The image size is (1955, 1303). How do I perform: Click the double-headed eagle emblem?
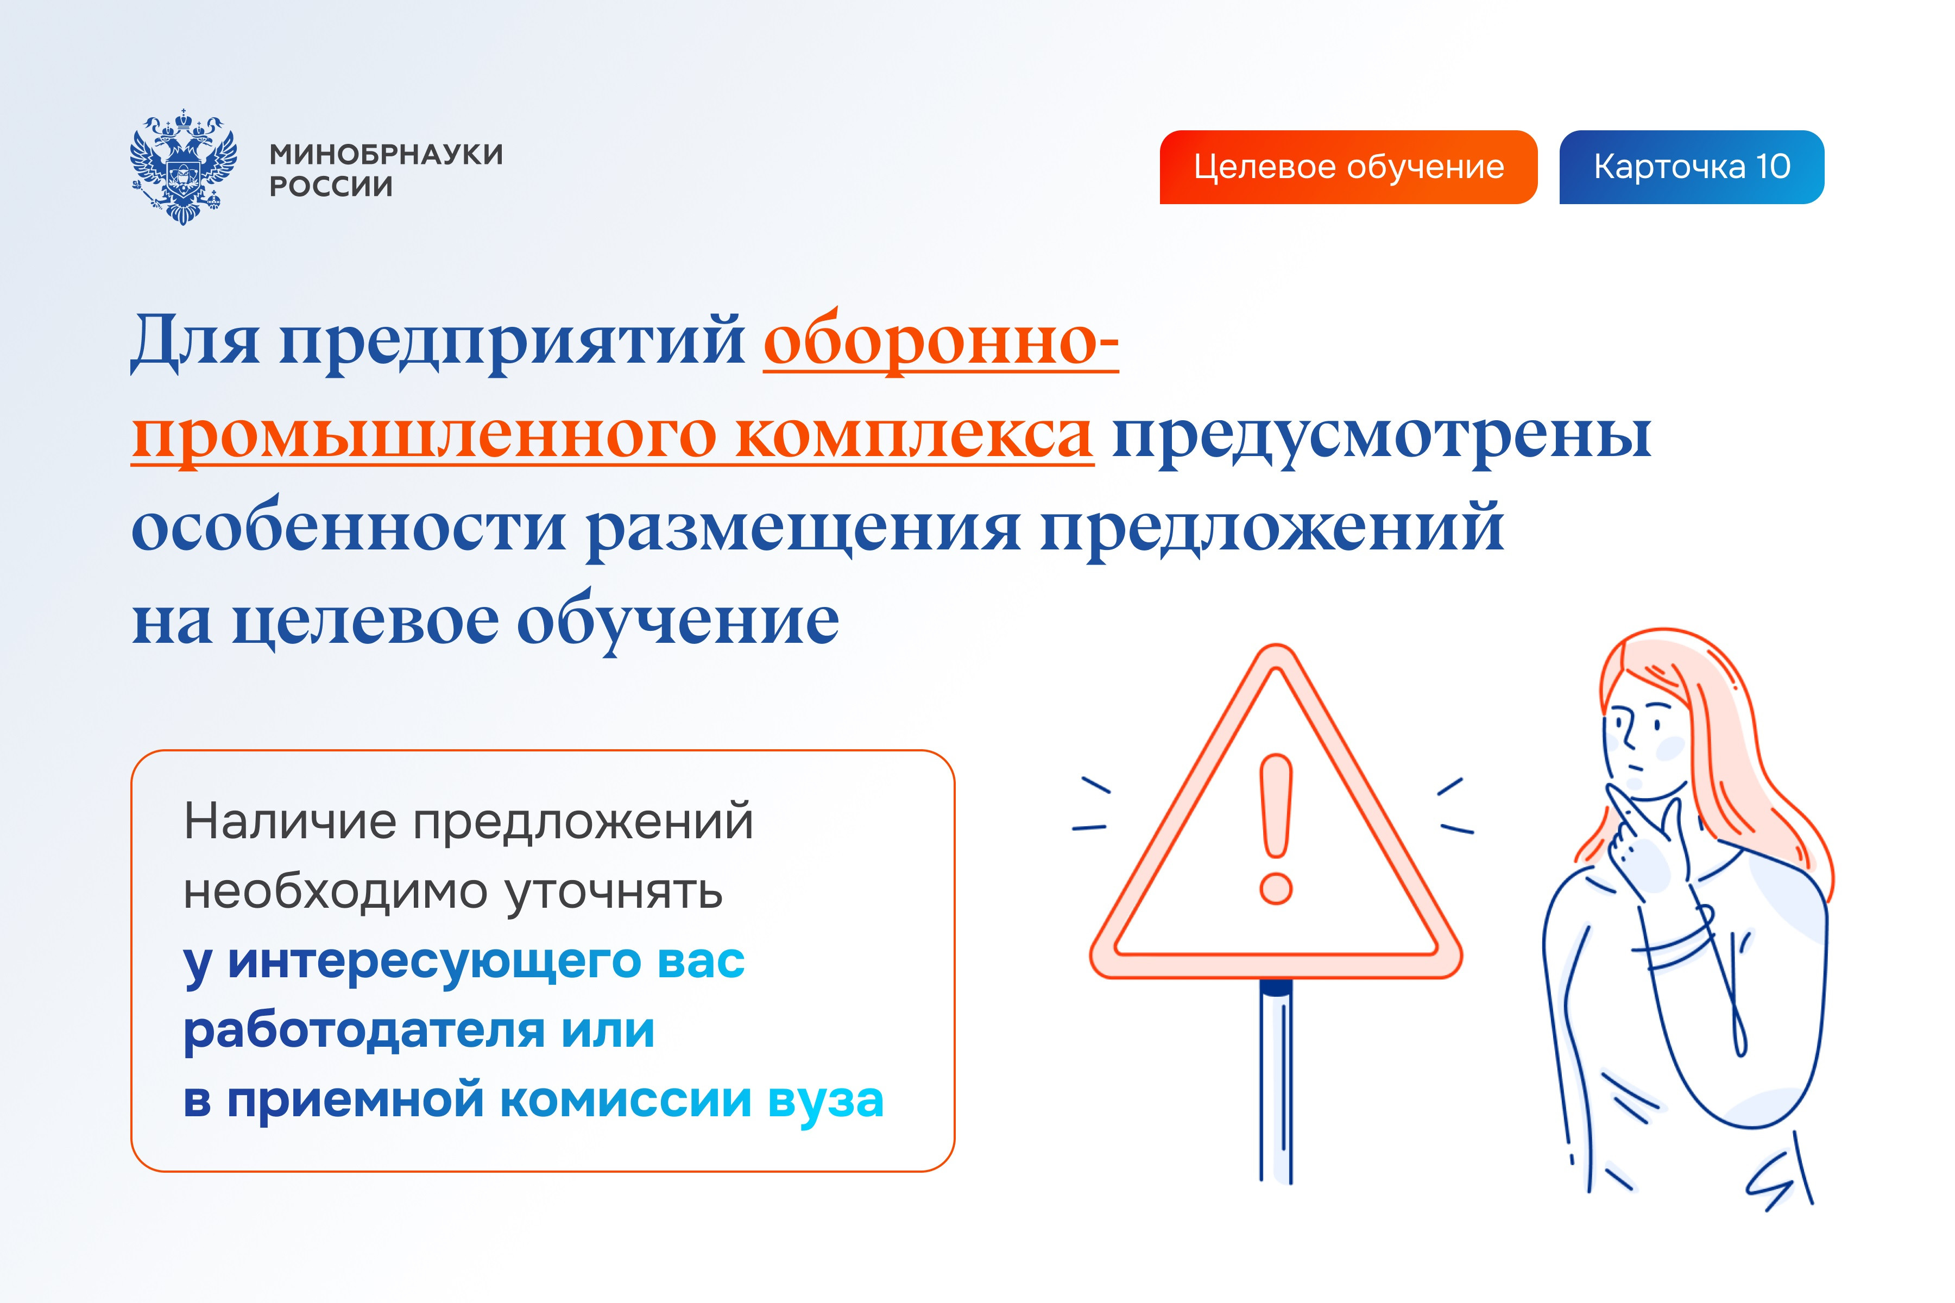183,166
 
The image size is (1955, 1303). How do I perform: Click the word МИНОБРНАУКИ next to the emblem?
386,155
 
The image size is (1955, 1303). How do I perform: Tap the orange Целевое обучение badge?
1348,167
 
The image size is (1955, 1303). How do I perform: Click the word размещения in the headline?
803,528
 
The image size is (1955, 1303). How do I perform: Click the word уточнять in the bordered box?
614,891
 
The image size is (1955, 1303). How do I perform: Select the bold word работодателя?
364,1030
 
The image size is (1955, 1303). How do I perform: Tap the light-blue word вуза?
825,1100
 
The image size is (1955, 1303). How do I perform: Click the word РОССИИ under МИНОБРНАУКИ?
331,187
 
